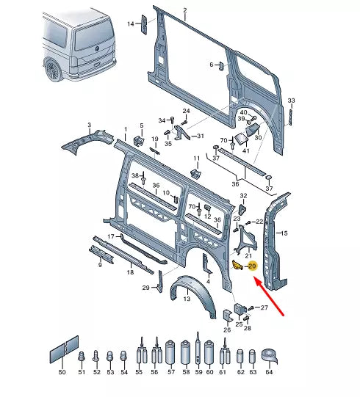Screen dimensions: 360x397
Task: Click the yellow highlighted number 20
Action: click(252, 266)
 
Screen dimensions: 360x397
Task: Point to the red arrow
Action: click(269, 296)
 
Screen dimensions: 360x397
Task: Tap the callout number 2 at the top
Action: click(185, 10)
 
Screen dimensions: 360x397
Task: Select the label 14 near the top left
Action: click(131, 24)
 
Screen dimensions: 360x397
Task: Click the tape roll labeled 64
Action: click(270, 356)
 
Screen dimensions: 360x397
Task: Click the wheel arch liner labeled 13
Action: click(194, 295)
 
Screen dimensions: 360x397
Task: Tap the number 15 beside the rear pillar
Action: click(284, 233)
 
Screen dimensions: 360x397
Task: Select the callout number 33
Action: click(291, 101)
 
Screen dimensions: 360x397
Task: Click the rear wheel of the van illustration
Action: click(53, 70)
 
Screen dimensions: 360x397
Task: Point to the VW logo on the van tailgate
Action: click(97, 49)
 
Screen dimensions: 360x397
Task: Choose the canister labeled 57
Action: click(171, 352)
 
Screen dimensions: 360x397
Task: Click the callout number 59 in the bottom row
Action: click(198, 372)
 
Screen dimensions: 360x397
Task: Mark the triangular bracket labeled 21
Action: click(245, 238)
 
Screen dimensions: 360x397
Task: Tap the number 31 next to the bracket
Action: click(201, 136)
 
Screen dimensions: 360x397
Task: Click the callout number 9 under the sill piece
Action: click(100, 265)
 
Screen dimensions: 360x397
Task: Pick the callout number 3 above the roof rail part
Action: click(89, 125)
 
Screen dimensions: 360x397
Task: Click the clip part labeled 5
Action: click(139, 141)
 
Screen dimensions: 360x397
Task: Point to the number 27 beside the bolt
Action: click(264, 307)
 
